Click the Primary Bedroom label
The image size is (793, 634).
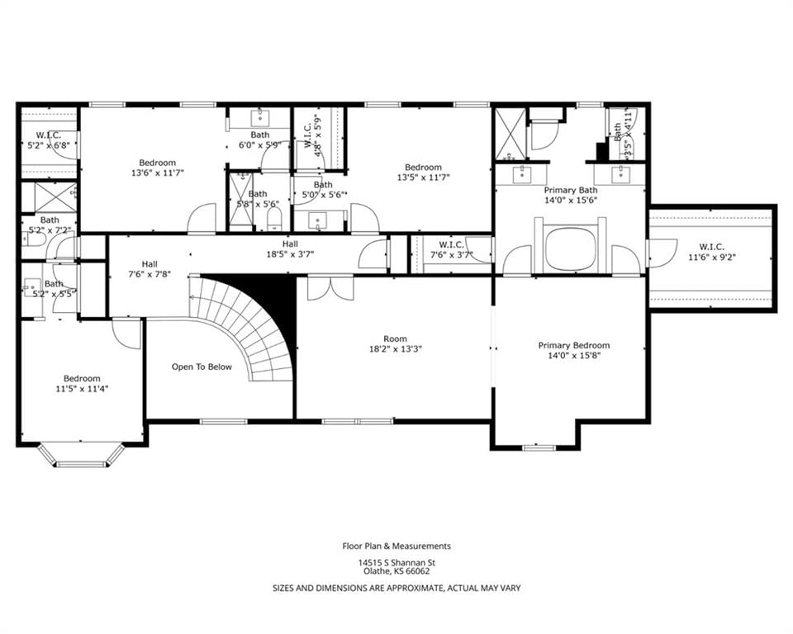coord(573,350)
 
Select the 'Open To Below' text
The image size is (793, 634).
coord(202,367)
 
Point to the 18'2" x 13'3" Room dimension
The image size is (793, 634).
coord(395,348)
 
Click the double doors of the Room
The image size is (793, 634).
coord(330,287)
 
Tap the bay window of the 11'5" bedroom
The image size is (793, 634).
coord(81,455)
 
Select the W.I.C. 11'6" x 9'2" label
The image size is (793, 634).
coord(711,252)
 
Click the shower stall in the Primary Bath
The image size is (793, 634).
coord(510,134)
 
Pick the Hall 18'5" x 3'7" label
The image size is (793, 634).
coord(290,249)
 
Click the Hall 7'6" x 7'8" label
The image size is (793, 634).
coord(150,269)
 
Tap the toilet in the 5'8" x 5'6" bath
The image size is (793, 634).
coord(273,220)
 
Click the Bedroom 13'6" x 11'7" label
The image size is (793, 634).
coord(157,168)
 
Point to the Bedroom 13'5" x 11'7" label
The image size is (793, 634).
coord(423,172)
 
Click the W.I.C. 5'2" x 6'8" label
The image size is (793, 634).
coord(48,140)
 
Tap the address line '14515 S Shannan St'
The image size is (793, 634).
coord(397,562)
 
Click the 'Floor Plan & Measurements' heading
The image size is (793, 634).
coord(396,546)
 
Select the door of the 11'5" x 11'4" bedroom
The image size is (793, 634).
coord(126,334)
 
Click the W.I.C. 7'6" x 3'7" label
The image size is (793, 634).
coord(451,250)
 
